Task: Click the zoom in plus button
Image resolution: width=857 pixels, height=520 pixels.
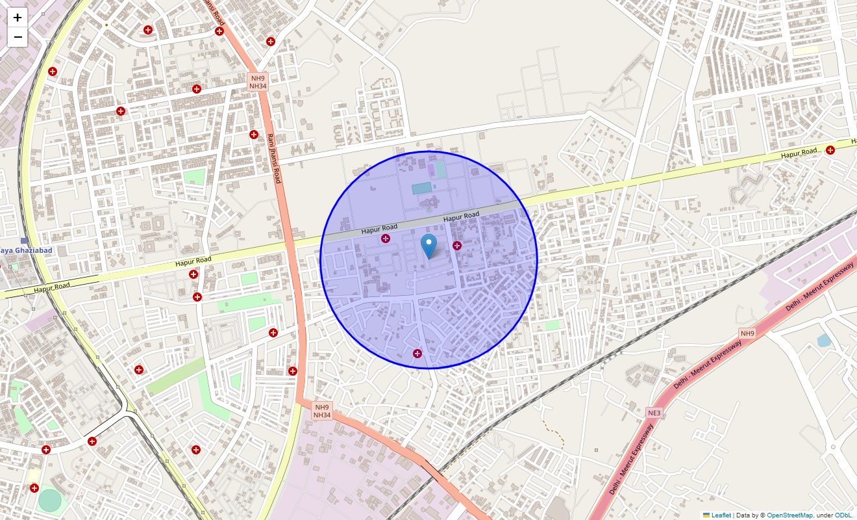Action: [18, 18]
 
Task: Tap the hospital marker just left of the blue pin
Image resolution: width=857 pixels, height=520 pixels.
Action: [386, 239]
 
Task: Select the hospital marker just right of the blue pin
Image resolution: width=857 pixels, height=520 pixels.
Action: [457, 246]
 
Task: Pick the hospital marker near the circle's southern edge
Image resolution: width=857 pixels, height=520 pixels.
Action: [417, 354]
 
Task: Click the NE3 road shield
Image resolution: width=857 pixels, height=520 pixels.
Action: [654, 413]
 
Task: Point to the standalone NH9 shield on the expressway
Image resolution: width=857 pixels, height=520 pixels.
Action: [748, 333]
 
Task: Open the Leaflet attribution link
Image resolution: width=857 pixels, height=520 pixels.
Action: [721, 515]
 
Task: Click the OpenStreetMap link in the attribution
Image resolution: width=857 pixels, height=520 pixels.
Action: [789, 515]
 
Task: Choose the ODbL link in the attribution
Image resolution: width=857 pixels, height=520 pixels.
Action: [844, 515]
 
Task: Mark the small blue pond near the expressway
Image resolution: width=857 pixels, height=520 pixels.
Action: [824, 340]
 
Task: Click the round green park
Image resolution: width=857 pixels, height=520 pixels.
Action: [49, 500]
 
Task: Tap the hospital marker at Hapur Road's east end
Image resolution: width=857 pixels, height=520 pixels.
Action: [830, 150]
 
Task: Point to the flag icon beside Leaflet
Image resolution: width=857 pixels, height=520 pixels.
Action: [706, 515]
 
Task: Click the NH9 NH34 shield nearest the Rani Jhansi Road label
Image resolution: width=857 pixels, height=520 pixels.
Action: [258, 82]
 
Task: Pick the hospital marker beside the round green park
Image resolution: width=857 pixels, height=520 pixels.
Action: [34, 488]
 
